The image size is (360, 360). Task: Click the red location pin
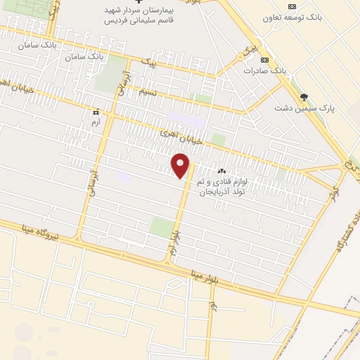[x=182, y=167]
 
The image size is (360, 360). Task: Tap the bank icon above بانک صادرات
[x=264, y=60]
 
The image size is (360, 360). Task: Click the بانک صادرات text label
[x=265, y=71]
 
